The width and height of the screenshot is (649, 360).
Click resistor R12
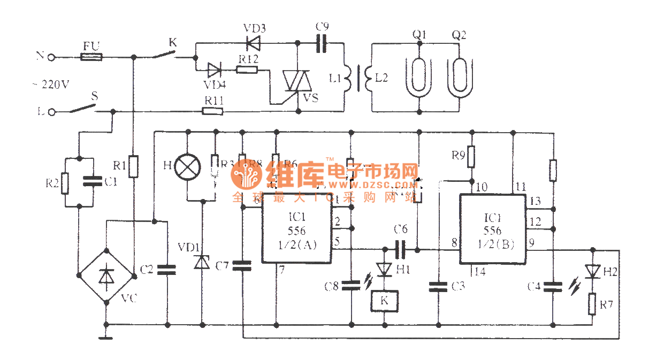pyautogui.click(x=248, y=69)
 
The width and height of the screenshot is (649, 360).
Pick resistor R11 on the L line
pyautogui.click(x=212, y=111)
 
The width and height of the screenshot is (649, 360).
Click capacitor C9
pyautogui.click(x=322, y=43)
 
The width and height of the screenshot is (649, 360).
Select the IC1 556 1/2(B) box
pyautogui.click(x=492, y=229)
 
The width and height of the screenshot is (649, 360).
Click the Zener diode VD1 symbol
pyautogui.click(x=202, y=262)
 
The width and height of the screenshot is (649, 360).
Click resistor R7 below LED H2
pyautogui.click(x=592, y=304)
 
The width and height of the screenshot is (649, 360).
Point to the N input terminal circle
pyautogui.click(x=52, y=56)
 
